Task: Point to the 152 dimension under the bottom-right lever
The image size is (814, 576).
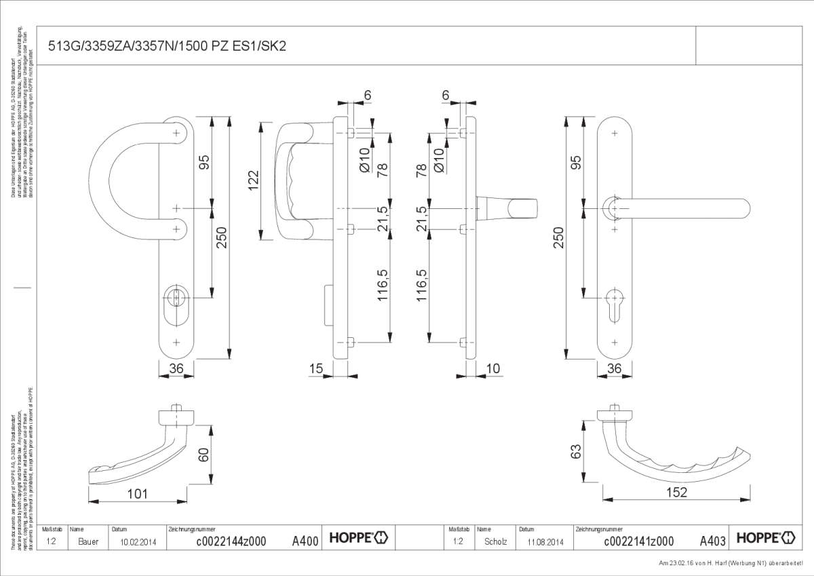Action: [x=676, y=493]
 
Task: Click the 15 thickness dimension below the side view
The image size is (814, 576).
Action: [x=315, y=368]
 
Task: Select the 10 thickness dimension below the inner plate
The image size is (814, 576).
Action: [x=493, y=368]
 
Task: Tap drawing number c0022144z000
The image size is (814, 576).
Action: [x=231, y=541]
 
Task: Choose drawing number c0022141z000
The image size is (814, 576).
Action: [x=638, y=541]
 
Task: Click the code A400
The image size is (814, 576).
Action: [x=305, y=541]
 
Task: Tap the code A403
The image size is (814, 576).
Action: [x=713, y=541]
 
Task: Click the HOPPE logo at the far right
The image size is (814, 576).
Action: [x=765, y=538]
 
